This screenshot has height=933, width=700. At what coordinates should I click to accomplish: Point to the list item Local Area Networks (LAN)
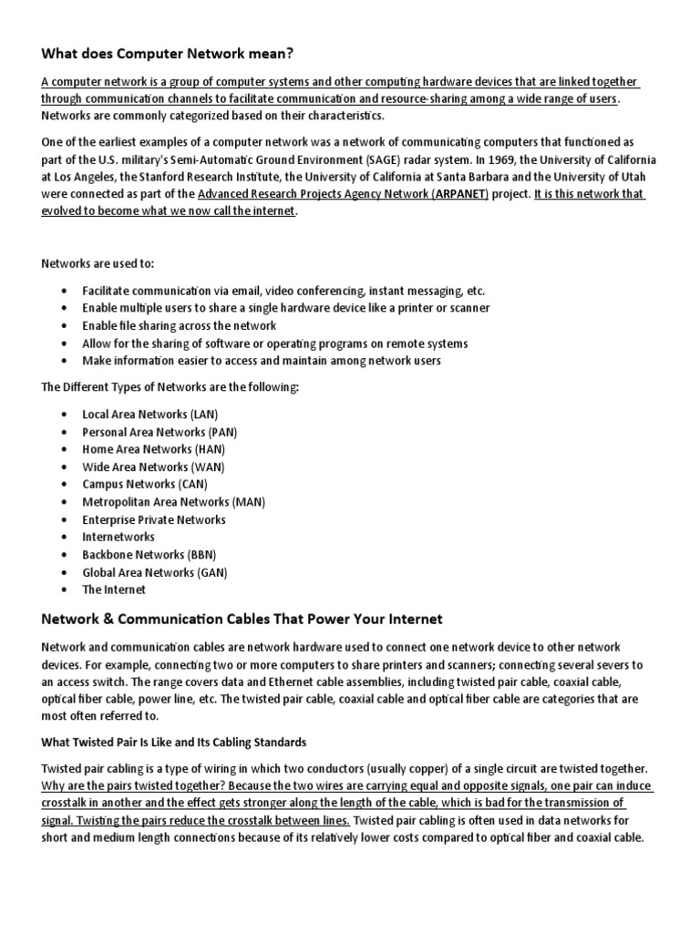[149, 414]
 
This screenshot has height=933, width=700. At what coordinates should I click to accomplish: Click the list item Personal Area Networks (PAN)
[160, 432]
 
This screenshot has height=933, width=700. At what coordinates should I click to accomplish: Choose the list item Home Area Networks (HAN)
[153, 449]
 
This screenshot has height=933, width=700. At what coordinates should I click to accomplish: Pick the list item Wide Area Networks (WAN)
[154, 466]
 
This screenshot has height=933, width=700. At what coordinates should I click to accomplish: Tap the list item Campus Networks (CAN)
[145, 484]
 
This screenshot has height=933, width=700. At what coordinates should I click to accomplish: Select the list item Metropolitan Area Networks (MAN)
[173, 502]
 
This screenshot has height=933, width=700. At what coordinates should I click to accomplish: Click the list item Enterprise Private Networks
[153, 519]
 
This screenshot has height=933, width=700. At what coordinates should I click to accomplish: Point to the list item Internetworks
[118, 537]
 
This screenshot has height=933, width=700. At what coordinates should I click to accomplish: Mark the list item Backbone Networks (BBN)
[149, 554]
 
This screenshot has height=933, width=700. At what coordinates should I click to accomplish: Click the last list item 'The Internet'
[114, 590]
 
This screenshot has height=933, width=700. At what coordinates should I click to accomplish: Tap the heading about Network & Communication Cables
[229, 620]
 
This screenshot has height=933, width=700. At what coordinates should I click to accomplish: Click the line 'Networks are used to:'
[98, 263]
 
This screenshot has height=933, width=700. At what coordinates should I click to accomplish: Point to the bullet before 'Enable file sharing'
[63, 325]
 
